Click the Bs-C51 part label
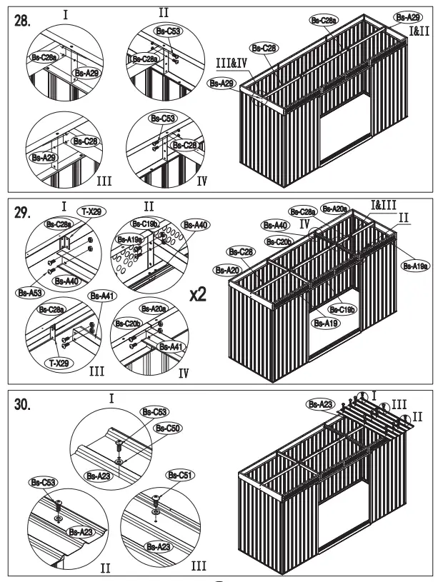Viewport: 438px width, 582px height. click(179, 475)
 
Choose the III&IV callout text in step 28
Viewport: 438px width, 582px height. click(232, 64)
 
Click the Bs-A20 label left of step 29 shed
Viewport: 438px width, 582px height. click(227, 270)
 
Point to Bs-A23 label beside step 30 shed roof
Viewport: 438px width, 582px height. click(320, 404)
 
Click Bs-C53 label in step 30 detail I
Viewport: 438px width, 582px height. click(154, 412)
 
